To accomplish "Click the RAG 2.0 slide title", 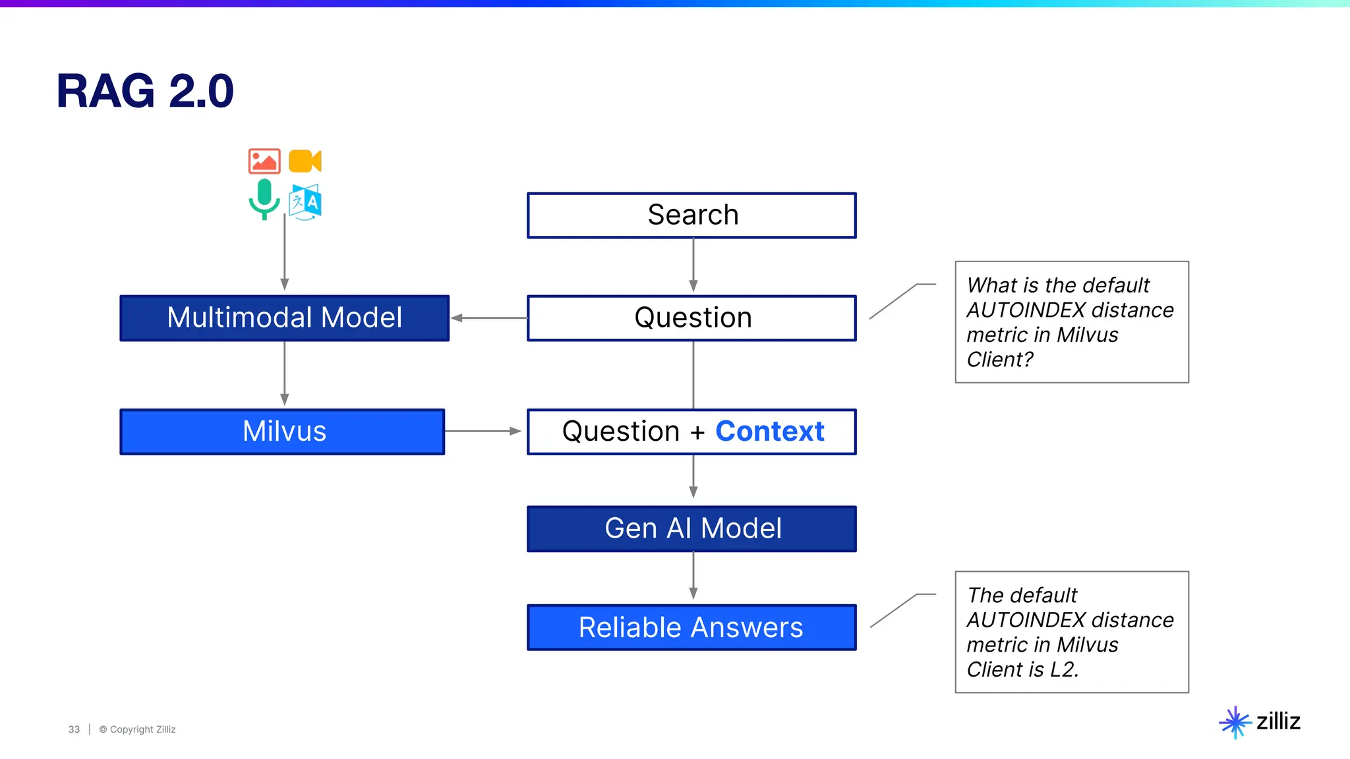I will coord(145,91).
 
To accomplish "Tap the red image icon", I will coord(264,161).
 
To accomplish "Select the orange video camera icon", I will coord(305,161).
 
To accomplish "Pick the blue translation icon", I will coord(305,202).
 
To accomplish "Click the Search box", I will coord(691,215).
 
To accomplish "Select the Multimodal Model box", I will coord(284,318).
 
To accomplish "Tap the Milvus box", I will coord(282,432).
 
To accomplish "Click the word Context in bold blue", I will coord(769,432).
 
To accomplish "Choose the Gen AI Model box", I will coord(691,529).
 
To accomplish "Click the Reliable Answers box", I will coord(691,627).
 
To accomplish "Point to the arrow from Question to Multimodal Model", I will coord(488,318).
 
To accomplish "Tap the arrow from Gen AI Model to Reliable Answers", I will coord(693,576).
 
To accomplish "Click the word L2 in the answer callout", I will coord(1063,669).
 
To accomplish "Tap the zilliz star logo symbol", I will coord(1235,722).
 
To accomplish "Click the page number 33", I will coord(74,729).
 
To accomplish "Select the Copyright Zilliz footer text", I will coord(138,729).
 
